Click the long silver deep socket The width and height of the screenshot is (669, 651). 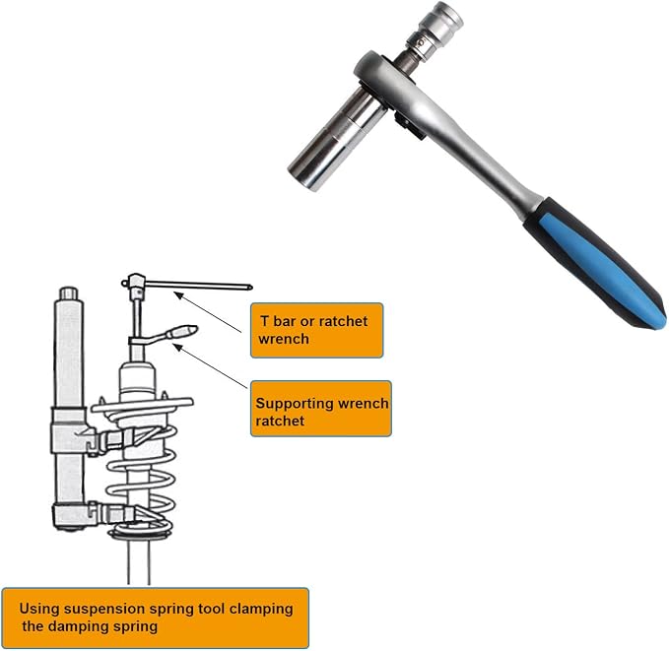(337, 138)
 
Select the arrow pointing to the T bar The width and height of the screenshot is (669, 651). (208, 312)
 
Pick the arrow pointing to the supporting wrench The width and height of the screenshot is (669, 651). (210, 366)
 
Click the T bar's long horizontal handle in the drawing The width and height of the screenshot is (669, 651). (198, 285)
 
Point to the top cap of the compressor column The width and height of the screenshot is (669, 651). (68, 293)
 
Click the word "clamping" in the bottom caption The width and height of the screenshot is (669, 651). (261, 609)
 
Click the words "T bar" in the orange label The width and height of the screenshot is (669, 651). (278, 321)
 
